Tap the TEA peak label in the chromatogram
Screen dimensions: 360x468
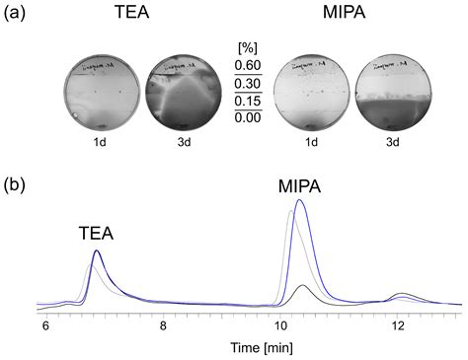96,234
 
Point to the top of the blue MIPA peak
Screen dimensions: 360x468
300,201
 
